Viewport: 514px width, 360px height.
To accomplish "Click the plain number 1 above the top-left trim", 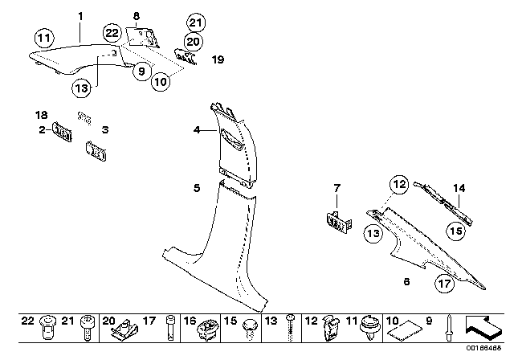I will pyautogui.click(x=80, y=15).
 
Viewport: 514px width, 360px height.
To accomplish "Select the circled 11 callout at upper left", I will pyautogui.click(x=44, y=37).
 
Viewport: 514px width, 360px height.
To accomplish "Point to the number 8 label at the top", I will pyautogui.click(x=136, y=15).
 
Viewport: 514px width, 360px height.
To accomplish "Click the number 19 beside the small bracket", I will pyautogui.click(x=218, y=59).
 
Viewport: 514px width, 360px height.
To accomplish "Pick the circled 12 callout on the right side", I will pyautogui.click(x=400, y=184).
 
